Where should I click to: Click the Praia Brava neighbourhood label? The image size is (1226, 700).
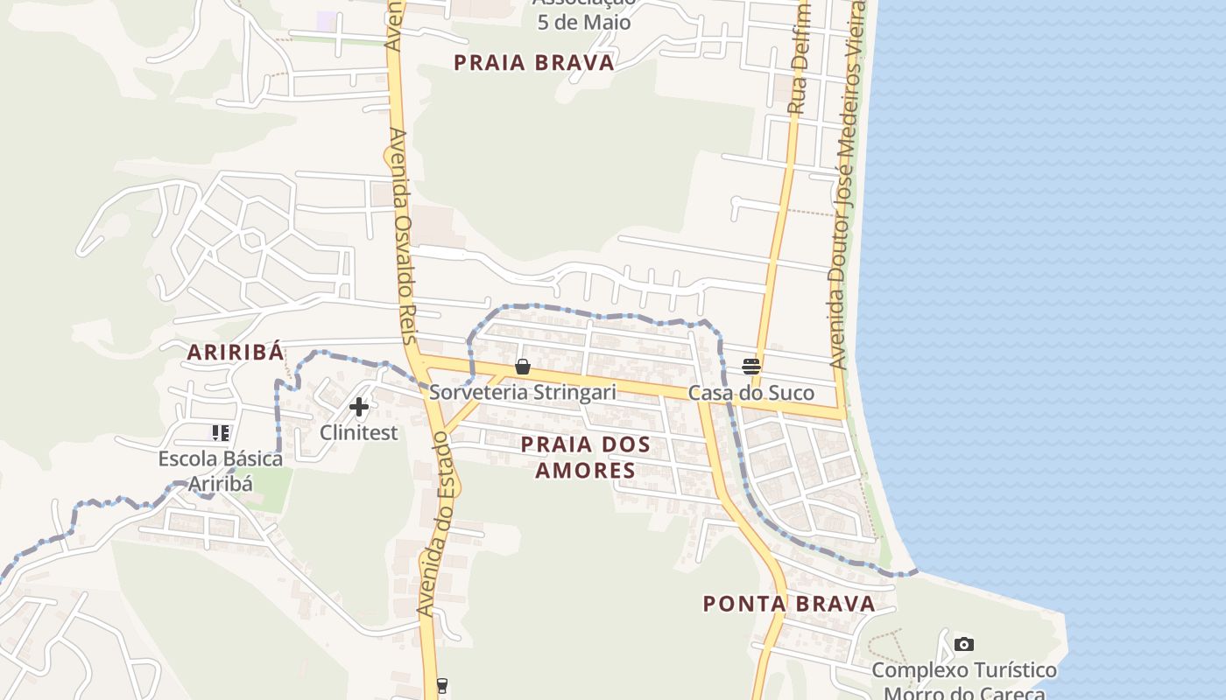[534, 63]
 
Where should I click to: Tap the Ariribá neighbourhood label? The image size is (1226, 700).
[236, 353]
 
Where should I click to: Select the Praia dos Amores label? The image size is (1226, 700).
[586, 457]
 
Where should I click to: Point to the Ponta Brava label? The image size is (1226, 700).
[790, 604]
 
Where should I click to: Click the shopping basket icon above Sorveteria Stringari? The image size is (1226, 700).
[523, 367]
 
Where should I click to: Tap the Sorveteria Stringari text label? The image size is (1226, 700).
[523, 392]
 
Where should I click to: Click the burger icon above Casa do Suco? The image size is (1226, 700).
[751, 367]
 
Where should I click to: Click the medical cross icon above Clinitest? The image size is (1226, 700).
[359, 406]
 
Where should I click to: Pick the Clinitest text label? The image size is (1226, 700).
[359, 432]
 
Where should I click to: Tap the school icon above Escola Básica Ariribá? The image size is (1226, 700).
[221, 432]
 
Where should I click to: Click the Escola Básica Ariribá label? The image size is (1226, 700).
[221, 471]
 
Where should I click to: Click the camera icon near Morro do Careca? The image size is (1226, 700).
[964, 645]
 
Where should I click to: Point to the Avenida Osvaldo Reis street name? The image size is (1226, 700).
[404, 236]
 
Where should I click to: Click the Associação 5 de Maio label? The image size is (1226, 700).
[584, 16]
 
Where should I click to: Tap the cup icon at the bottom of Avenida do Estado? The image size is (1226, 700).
[442, 685]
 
